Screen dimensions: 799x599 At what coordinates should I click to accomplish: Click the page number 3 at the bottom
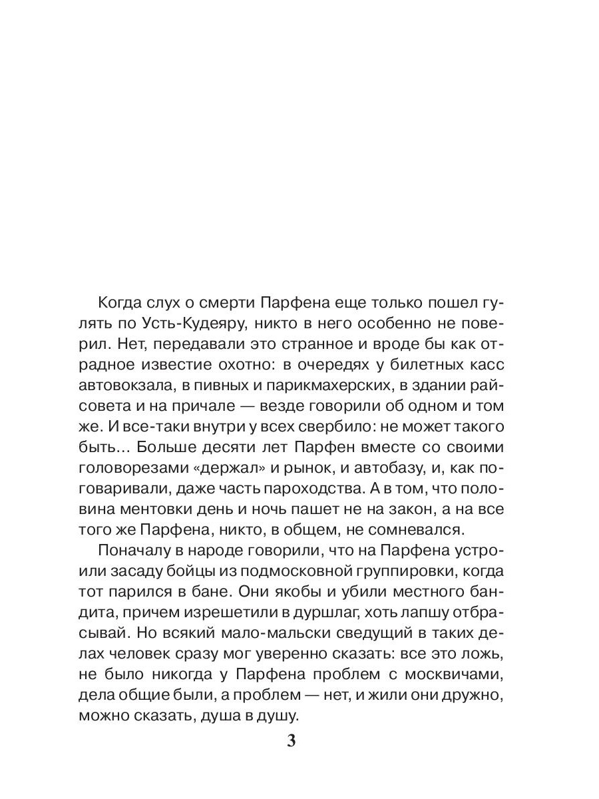coord(290,741)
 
